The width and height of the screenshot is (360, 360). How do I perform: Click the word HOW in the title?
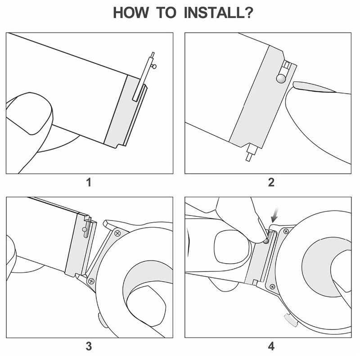[x=131, y=13]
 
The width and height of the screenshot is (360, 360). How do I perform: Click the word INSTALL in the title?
[x=214, y=13]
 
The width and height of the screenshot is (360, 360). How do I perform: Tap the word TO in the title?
[x=166, y=13]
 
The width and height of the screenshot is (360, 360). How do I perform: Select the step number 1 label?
[x=89, y=183]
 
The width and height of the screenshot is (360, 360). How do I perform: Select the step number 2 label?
[x=271, y=182]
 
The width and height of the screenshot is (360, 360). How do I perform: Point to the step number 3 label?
[x=89, y=346]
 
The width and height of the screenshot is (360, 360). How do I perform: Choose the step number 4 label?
[x=271, y=346]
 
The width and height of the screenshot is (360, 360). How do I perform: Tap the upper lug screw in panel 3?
[x=117, y=234]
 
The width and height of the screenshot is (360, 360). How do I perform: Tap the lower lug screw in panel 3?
[x=91, y=281]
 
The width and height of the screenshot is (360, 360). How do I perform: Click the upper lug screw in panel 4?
[x=286, y=231]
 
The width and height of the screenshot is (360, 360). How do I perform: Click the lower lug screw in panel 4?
[x=272, y=287]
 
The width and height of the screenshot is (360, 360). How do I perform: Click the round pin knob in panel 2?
[x=281, y=78]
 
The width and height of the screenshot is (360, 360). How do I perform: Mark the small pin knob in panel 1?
[x=154, y=67]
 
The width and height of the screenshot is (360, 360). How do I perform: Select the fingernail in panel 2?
[x=314, y=87]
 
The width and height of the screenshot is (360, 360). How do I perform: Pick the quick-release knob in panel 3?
[x=85, y=229]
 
